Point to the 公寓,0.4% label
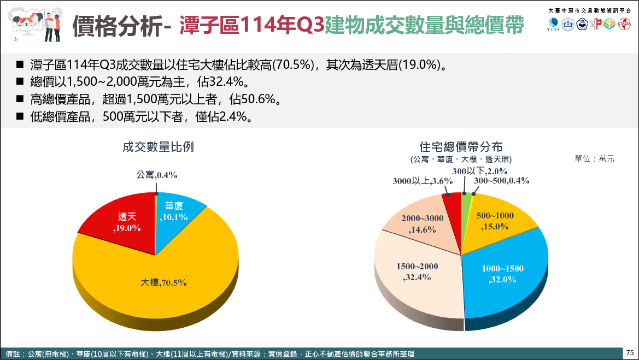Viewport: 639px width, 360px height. click(156, 175)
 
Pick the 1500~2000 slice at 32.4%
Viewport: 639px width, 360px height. click(418, 273)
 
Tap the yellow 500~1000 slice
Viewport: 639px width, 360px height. click(495, 221)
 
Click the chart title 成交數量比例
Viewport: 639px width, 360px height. click(158, 147)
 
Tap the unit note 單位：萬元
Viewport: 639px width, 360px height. click(594, 159)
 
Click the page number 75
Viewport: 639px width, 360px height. click(630, 353)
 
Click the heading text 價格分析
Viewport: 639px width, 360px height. click(117, 26)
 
